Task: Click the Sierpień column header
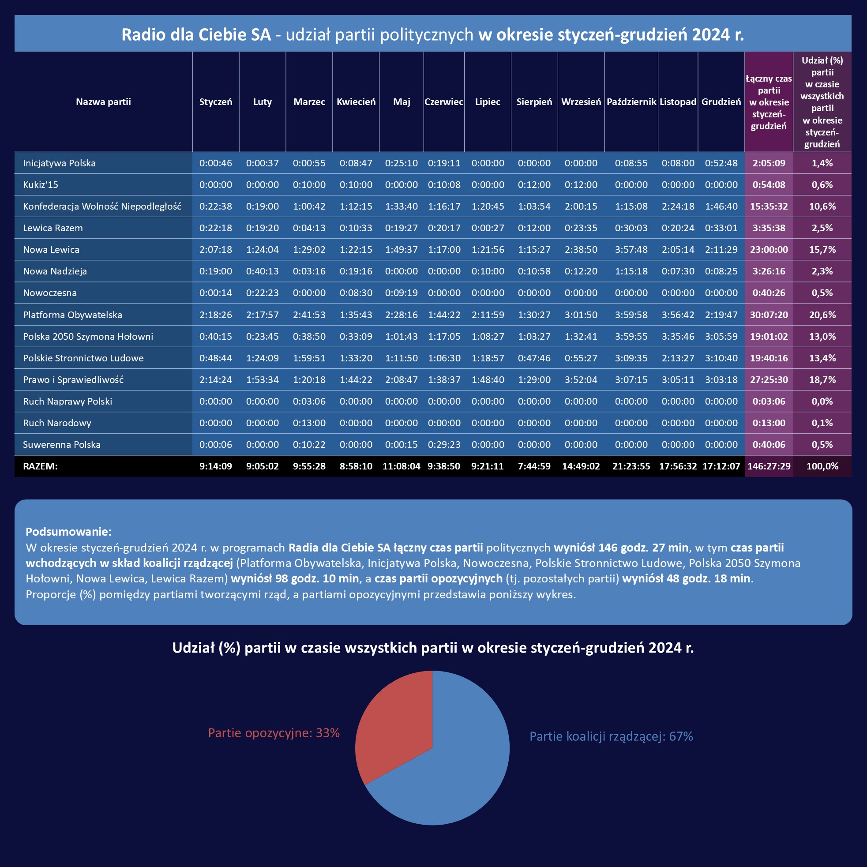pyautogui.click(x=534, y=102)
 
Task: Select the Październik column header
pyautogui.click(x=631, y=102)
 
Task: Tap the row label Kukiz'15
pyautogui.click(x=41, y=184)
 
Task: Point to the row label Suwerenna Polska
pyautogui.click(x=62, y=444)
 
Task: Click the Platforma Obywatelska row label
pyautogui.click(x=73, y=315)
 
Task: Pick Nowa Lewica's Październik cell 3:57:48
pyautogui.click(x=631, y=249)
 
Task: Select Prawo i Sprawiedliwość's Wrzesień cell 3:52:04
pyautogui.click(x=581, y=379)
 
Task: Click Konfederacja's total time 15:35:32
pyautogui.click(x=769, y=206)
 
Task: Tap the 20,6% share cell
pyautogui.click(x=822, y=315)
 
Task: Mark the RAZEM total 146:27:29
pyautogui.click(x=769, y=466)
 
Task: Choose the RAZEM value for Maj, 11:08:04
pyautogui.click(x=401, y=466)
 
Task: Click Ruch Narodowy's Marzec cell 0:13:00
pyautogui.click(x=309, y=423)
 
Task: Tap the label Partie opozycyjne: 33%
pyautogui.click(x=274, y=733)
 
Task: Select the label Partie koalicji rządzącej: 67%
pyautogui.click(x=611, y=736)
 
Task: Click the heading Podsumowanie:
pyautogui.click(x=69, y=531)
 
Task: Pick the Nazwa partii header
pyautogui.click(x=103, y=102)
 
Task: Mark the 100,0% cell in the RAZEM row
pyautogui.click(x=822, y=466)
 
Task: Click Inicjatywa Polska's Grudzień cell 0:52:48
pyautogui.click(x=721, y=163)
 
